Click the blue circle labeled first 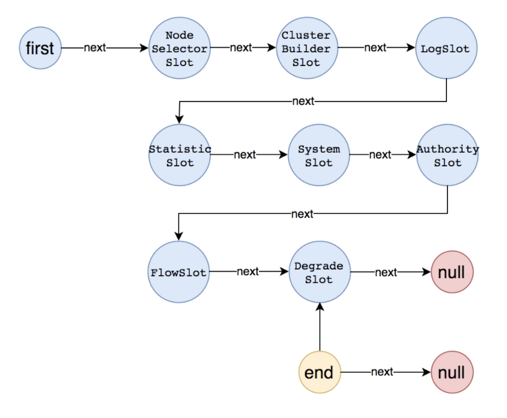(x=40, y=48)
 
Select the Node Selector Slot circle (x=180, y=48)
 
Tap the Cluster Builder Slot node (x=307, y=48)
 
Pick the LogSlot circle (x=446, y=48)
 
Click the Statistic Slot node (x=180, y=155)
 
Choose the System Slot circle (x=319, y=155)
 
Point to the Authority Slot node (x=448, y=155)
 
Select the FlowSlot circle (x=178, y=272)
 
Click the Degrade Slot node (x=320, y=272)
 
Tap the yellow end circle (x=320, y=372)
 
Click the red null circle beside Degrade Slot (x=452, y=272)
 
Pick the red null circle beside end (x=452, y=372)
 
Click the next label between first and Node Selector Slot (x=95, y=47)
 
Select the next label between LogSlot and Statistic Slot (x=303, y=101)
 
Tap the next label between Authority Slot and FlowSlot (x=302, y=214)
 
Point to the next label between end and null (x=382, y=372)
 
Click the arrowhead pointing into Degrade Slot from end (x=320, y=306)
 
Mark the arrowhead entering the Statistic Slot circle (x=179, y=120)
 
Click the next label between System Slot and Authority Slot (x=380, y=154)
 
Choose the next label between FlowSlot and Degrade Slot (x=247, y=271)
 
